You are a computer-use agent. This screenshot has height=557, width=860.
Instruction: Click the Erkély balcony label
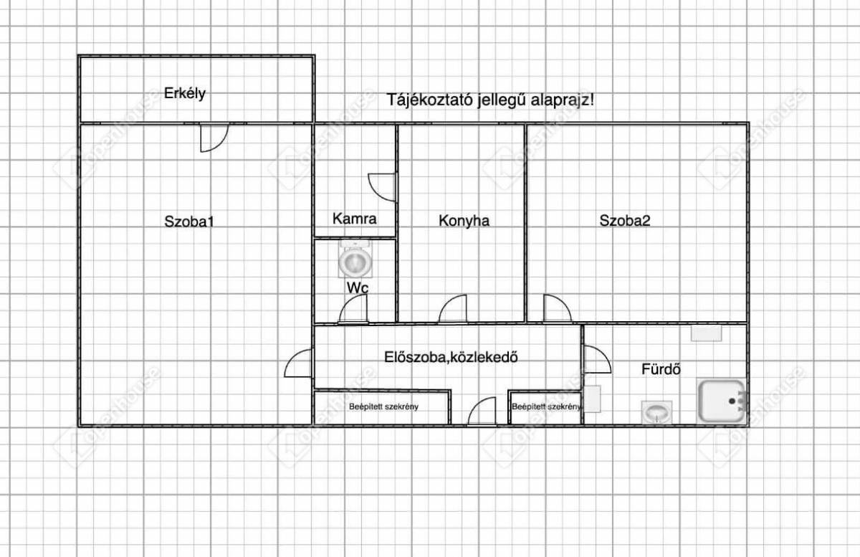coord(185,93)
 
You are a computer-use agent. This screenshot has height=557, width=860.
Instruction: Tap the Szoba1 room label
coord(189,222)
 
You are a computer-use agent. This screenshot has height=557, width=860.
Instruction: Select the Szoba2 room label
coord(625,221)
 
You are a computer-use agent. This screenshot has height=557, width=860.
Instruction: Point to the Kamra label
coord(354,219)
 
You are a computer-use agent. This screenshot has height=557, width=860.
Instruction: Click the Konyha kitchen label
coord(464,221)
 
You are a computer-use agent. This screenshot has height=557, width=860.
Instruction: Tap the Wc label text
coord(358,288)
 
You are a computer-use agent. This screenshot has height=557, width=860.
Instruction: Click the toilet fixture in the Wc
coord(355,259)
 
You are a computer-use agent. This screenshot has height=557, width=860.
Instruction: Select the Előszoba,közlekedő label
coord(451,357)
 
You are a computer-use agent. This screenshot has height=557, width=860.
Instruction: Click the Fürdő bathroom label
coord(661,369)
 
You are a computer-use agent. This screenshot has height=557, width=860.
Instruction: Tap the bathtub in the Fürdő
coord(722,401)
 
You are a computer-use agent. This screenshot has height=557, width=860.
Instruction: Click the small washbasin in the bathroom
coord(656,412)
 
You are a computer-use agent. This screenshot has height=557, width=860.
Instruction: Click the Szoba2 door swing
coord(563,303)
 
